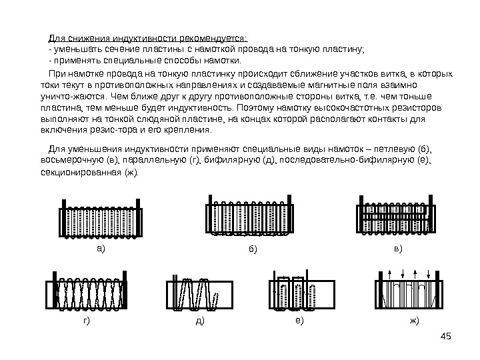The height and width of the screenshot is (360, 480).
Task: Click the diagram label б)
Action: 253,249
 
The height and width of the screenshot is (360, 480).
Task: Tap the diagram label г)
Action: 87,321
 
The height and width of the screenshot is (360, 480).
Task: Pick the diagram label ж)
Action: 415,321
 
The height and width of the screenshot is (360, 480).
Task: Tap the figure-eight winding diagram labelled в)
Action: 398,214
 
